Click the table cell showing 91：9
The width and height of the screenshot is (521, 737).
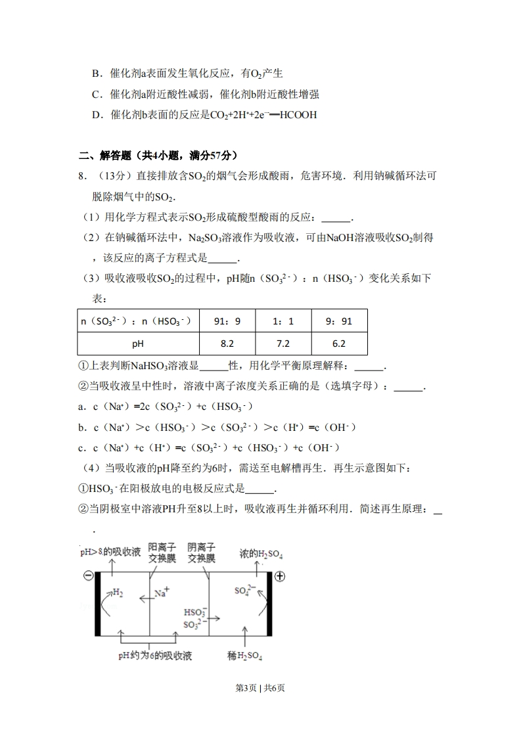click(x=227, y=321)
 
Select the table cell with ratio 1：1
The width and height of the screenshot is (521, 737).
click(x=283, y=321)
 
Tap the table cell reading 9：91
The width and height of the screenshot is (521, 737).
click(x=339, y=321)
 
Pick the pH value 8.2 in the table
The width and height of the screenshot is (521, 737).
click(x=227, y=344)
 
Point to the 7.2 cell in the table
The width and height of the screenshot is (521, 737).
click(x=283, y=344)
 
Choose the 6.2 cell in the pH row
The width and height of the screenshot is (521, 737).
click(x=339, y=344)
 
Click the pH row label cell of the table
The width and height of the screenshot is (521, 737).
click(x=138, y=344)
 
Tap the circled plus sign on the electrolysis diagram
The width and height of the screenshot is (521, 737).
click(x=279, y=576)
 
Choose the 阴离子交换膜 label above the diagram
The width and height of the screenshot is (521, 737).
click(x=201, y=552)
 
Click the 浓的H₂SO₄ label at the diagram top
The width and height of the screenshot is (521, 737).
click(x=261, y=554)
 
